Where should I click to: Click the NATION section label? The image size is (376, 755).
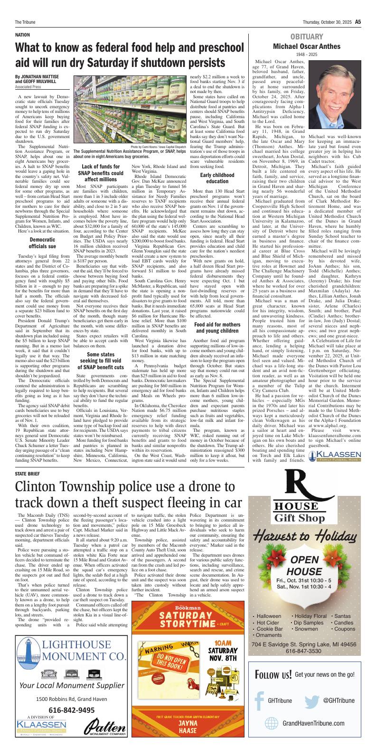(22, 35)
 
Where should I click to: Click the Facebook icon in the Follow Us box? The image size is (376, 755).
(259, 700)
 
